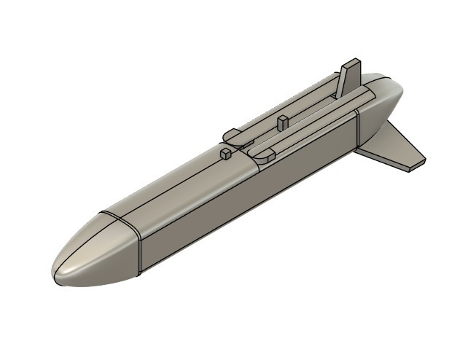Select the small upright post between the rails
(x=282, y=122)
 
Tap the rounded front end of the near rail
(x=263, y=154)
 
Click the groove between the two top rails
(x=306, y=117)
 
